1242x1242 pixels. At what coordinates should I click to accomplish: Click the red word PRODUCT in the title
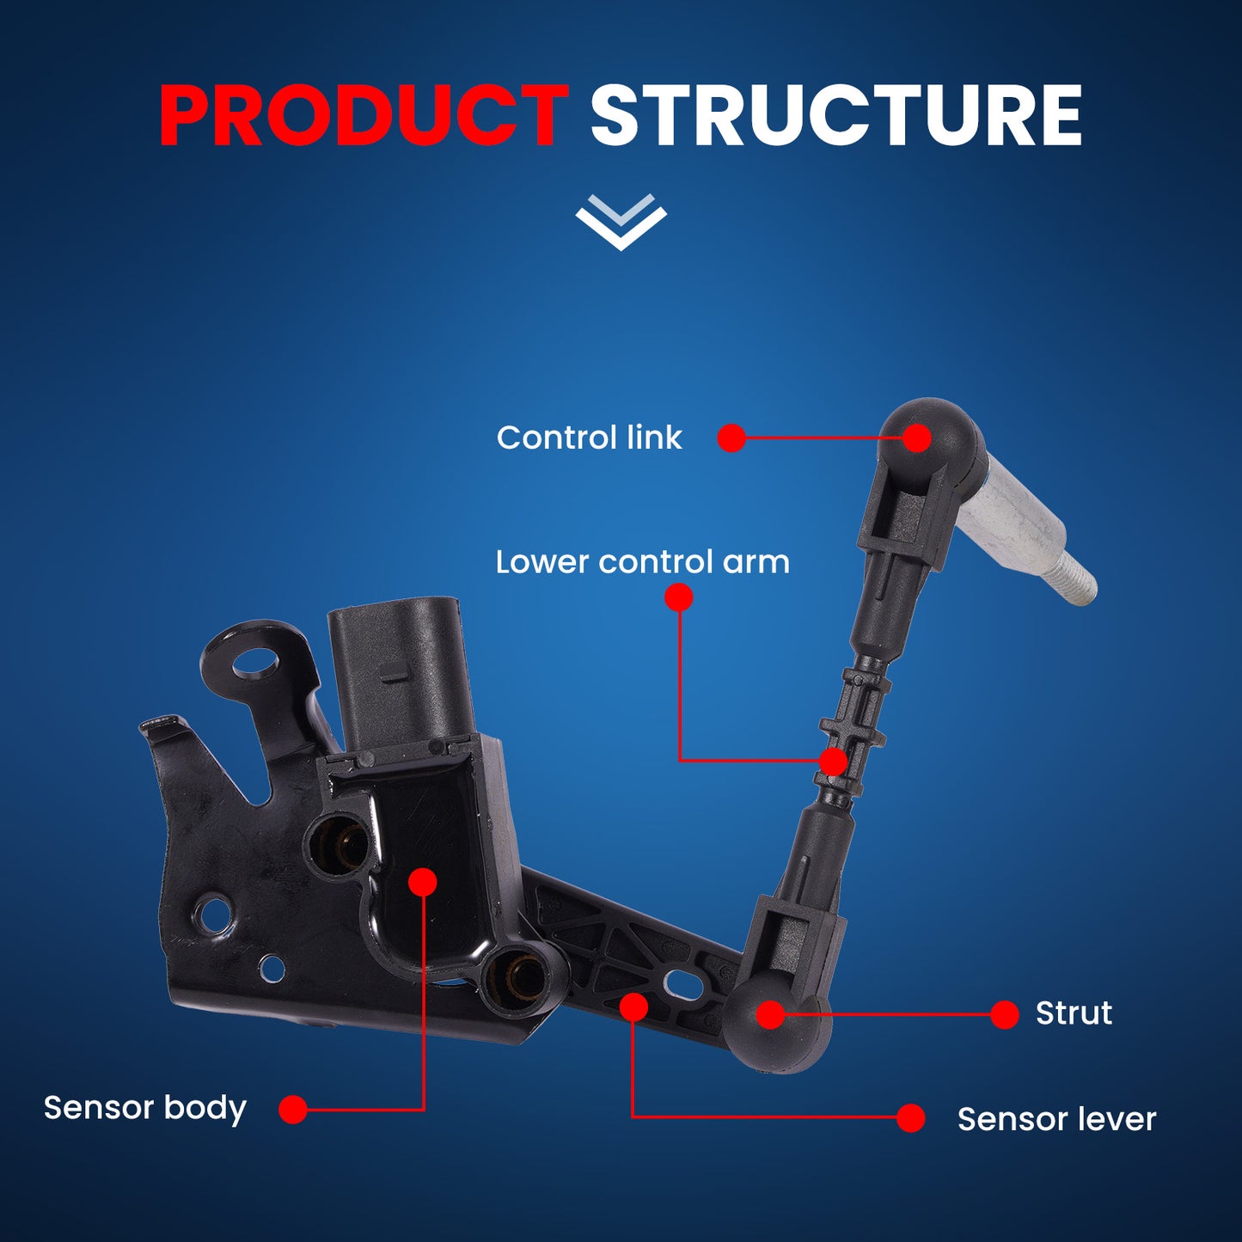363,117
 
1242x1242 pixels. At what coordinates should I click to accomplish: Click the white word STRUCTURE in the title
835,117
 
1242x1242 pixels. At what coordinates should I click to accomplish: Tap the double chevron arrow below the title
621,222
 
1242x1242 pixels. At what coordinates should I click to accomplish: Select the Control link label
589,437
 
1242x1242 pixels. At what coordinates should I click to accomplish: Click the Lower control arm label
642,562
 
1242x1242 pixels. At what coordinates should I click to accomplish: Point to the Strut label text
1074,1013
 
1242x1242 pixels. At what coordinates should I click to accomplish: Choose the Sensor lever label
1056,1119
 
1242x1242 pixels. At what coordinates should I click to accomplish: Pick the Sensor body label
145,1108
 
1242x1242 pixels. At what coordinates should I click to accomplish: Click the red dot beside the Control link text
731,437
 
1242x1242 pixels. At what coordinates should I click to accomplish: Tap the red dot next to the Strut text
1004,1014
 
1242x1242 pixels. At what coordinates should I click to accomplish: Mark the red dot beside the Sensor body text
293,1109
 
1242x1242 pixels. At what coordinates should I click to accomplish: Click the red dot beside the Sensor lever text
910,1118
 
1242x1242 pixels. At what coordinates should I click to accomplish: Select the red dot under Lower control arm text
679,597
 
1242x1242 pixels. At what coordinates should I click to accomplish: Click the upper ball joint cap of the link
931,430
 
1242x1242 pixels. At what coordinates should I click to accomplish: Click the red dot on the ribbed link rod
833,762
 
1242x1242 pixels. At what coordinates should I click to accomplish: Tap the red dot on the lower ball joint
771,1014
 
